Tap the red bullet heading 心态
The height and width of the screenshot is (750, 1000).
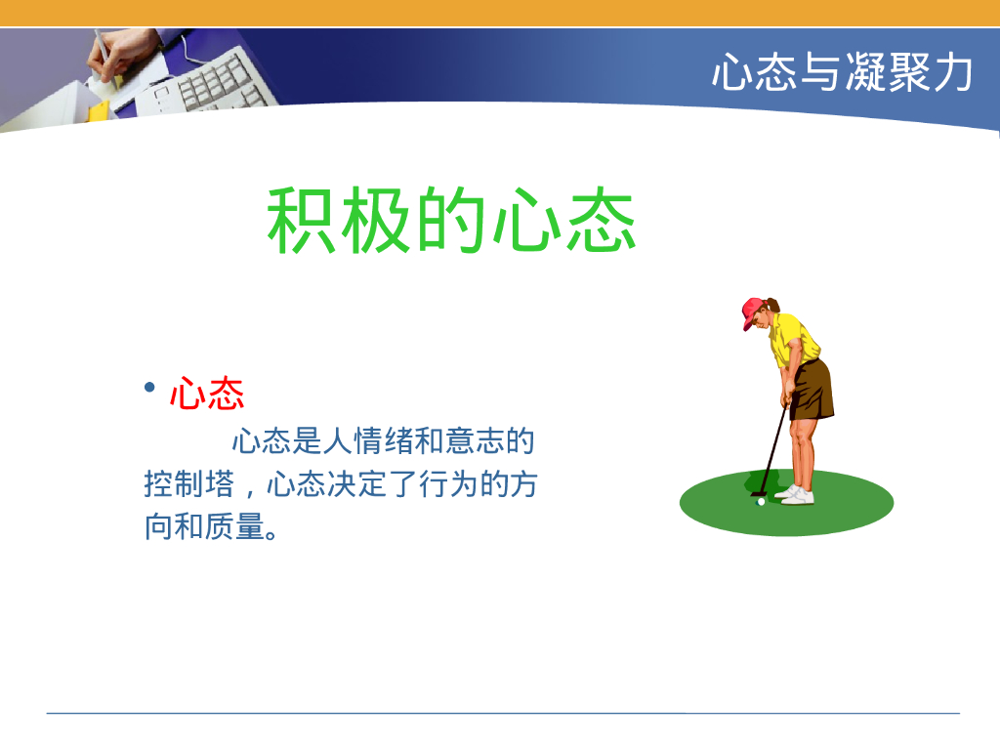click(206, 395)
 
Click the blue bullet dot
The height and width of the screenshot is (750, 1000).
click(149, 389)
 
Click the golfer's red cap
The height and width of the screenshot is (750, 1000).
click(753, 312)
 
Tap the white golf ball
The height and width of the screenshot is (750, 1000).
click(761, 502)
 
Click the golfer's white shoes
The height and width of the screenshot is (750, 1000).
click(796, 495)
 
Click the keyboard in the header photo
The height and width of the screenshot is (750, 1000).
click(210, 83)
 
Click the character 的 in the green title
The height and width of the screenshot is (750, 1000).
click(453, 221)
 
